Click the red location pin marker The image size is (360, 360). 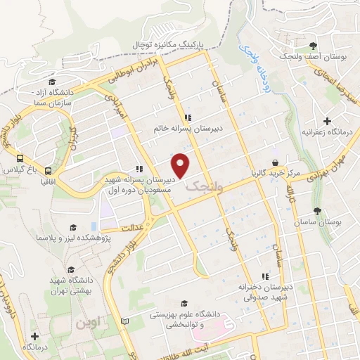[181, 166]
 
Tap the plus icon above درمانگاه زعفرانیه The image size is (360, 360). [327, 122]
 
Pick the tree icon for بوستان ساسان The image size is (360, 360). [318, 210]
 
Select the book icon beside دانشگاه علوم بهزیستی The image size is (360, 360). [125, 321]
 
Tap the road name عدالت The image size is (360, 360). [133, 228]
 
